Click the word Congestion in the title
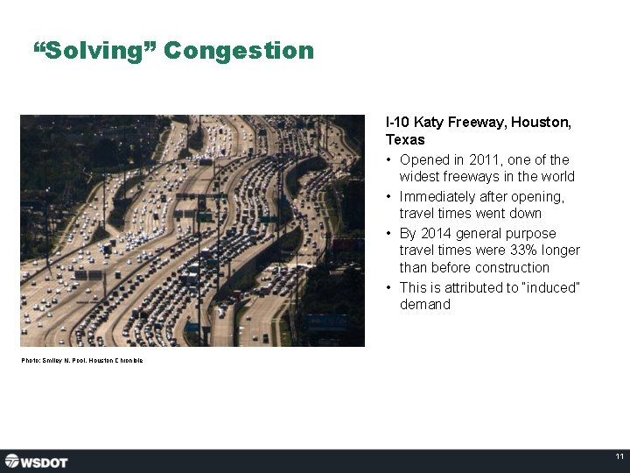[x=238, y=51]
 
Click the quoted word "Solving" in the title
[x=94, y=51]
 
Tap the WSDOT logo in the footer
[x=36, y=461]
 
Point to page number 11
[x=619, y=457]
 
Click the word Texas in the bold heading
[x=405, y=139]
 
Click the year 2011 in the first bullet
[x=481, y=159]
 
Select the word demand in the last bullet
[x=425, y=305]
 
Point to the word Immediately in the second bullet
[x=435, y=196]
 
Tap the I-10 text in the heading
[x=397, y=122]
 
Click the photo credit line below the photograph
[x=82, y=360]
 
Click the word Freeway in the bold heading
[x=478, y=122]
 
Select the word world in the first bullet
[x=557, y=177]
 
